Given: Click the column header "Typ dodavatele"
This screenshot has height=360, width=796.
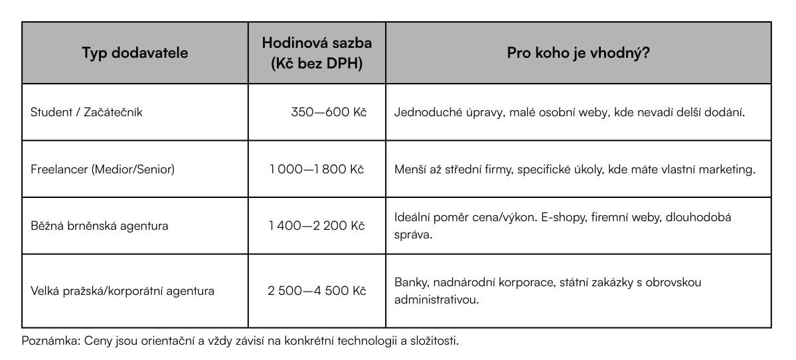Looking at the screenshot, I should [x=135, y=53].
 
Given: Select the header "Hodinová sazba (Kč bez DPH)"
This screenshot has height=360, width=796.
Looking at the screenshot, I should [x=317, y=53].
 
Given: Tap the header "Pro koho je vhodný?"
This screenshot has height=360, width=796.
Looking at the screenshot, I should [x=578, y=53].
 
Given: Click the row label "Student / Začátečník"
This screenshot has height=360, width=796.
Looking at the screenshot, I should [x=86, y=112].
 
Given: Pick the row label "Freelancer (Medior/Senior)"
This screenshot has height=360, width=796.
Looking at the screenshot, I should [x=102, y=169].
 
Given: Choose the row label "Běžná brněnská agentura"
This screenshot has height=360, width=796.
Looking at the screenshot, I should [x=99, y=226].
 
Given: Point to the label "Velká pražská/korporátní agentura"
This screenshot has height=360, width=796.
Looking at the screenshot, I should [x=122, y=291].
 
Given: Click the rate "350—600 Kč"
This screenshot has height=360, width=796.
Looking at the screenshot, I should [x=329, y=112].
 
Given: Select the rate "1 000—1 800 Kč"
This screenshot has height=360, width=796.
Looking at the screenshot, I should [x=317, y=169].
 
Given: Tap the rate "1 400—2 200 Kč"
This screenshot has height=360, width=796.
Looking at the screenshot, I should [x=317, y=226].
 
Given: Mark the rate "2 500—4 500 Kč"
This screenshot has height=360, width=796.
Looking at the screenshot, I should [x=317, y=291].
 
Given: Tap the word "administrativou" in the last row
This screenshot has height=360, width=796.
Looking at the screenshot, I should [x=435, y=300].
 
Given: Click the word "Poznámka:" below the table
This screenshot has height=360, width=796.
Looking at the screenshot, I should [x=49, y=341].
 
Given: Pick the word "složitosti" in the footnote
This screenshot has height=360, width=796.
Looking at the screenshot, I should [x=434, y=341].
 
